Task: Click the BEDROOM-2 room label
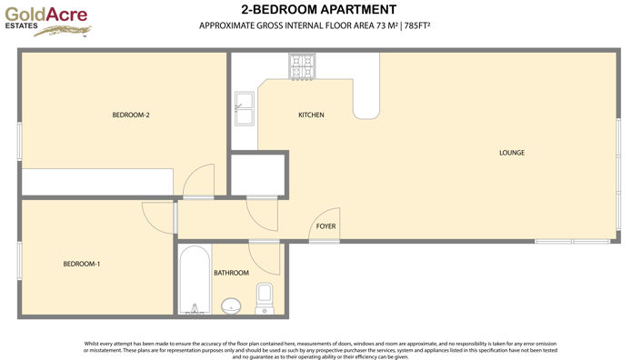point(130,115)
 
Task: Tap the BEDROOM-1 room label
point(81,264)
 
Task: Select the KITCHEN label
point(311,115)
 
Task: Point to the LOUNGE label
point(512,152)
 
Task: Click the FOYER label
point(326,225)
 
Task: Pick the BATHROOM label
point(231,273)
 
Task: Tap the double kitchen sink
point(245,109)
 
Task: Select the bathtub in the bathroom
point(192,280)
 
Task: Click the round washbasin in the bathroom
point(233,306)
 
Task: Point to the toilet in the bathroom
point(265,295)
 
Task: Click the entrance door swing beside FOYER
point(323,229)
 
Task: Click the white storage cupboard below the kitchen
point(258,175)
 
